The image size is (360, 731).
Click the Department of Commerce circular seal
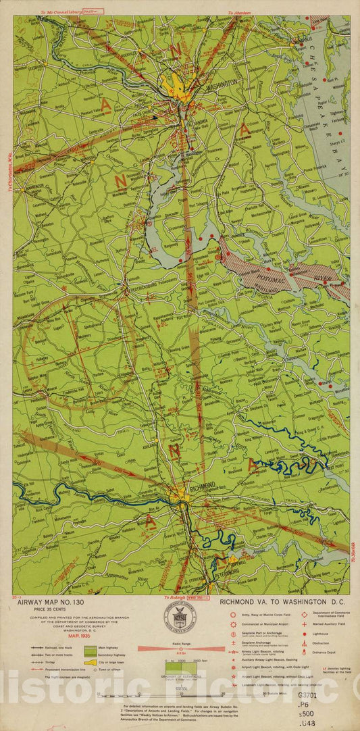(x=180, y=618)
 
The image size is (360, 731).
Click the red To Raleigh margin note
(x=175, y=597)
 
